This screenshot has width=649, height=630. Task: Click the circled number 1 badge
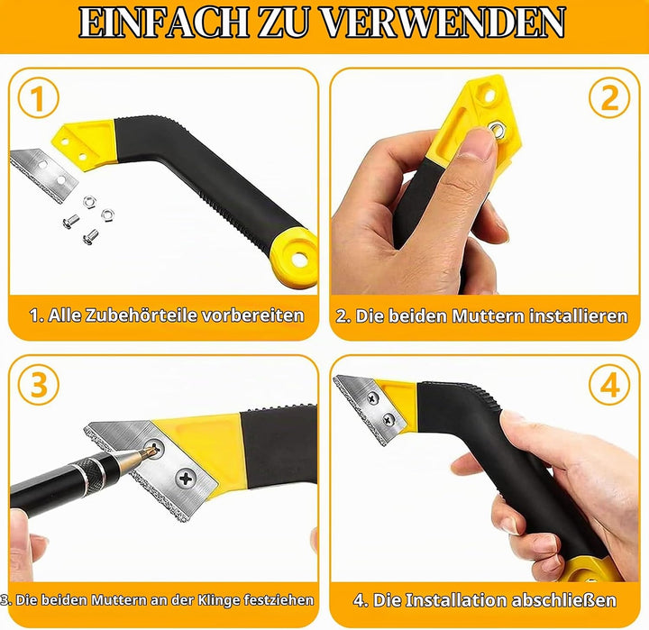(38, 98)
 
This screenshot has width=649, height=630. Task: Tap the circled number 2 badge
(609, 98)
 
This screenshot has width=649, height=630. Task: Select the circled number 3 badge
(39, 385)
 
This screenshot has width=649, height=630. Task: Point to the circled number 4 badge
(609, 385)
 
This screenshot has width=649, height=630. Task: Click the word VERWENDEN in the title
(443, 23)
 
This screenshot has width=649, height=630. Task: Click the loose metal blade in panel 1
(44, 175)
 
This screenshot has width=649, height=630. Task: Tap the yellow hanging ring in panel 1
(295, 258)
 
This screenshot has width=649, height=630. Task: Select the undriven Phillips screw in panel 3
(186, 479)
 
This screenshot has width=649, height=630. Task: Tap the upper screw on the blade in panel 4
(373, 398)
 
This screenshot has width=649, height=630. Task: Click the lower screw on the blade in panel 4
(388, 419)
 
